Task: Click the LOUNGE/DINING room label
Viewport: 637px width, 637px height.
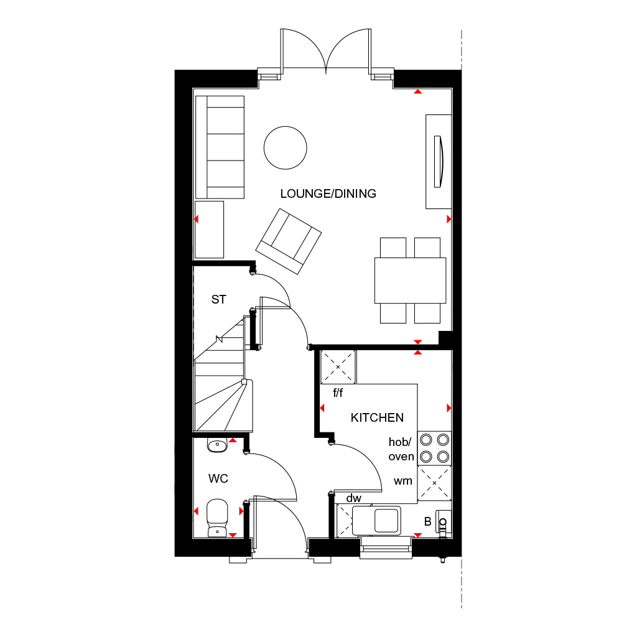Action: [328, 193]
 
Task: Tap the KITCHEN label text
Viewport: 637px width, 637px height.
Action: [377, 417]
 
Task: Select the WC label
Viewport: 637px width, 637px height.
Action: [218, 478]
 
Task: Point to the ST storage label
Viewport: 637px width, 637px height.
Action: [218, 300]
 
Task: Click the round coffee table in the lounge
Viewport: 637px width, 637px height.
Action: [286, 147]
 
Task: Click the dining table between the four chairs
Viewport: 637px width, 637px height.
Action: [410, 280]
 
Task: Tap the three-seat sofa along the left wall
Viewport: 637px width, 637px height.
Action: [219, 147]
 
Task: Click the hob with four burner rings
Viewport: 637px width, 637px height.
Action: [434, 448]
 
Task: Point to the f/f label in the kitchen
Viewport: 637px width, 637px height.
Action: [338, 393]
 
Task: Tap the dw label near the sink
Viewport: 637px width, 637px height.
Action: [354, 498]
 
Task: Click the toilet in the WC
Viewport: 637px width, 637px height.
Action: [216, 518]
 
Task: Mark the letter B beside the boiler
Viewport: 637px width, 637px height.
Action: [427, 521]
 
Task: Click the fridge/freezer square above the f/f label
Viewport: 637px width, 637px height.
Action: [338, 368]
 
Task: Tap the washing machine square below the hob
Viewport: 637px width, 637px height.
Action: [434, 483]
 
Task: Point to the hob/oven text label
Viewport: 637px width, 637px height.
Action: [401, 449]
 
